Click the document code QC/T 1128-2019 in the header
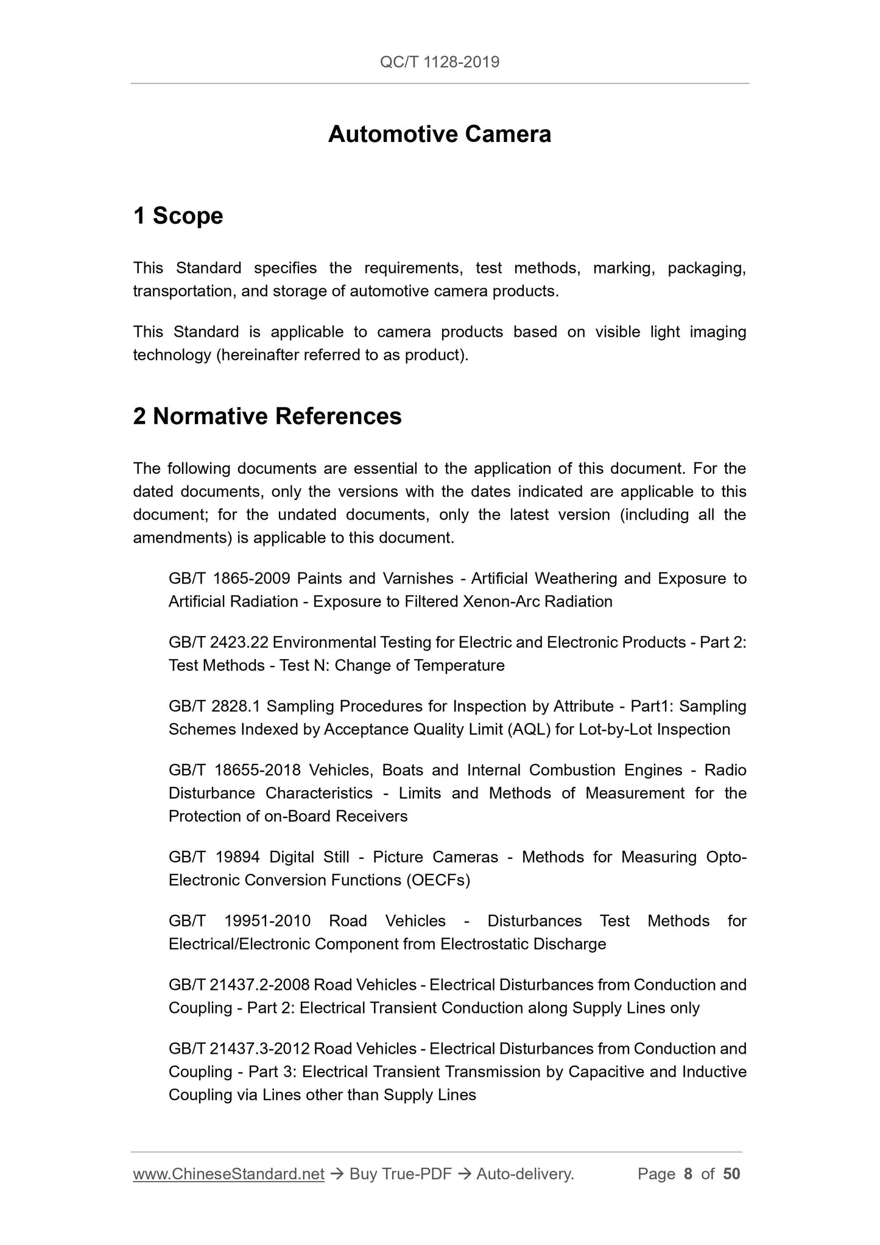point(439,62)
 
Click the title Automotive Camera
point(439,134)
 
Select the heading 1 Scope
point(178,216)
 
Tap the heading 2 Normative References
point(267,416)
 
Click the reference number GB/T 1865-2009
point(229,578)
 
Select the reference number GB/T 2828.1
point(214,706)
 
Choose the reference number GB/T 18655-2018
point(234,770)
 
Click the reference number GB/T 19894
point(214,857)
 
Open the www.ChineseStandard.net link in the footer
point(228,1174)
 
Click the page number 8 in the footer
point(688,1174)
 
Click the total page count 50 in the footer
point(731,1174)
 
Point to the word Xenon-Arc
point(501,601)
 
